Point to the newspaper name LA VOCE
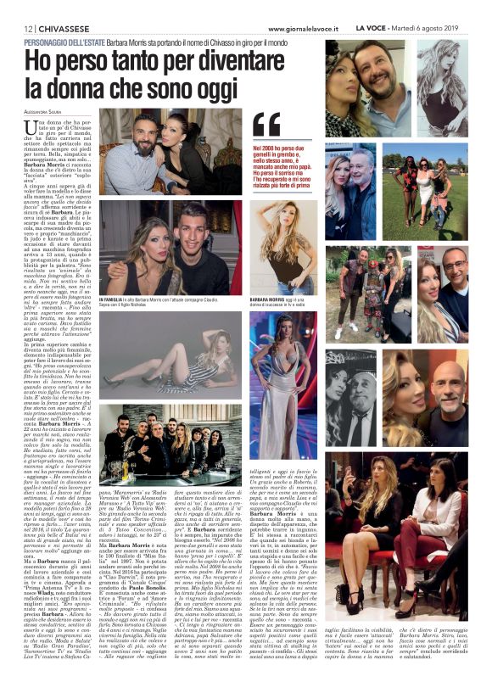[x=395, y=29]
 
